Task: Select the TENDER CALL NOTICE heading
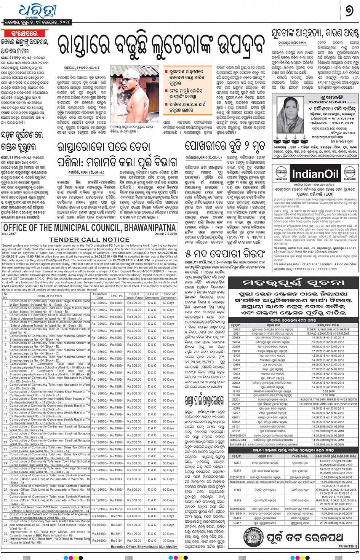point(90,239)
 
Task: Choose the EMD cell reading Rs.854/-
point(116,534)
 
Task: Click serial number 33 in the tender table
point(5,541)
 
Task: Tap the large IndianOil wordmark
point(315,174)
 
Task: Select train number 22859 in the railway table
point(236,347)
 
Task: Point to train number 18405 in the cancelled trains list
point(236,356)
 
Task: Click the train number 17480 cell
point(237,490)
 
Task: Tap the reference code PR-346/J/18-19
point(348,546)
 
